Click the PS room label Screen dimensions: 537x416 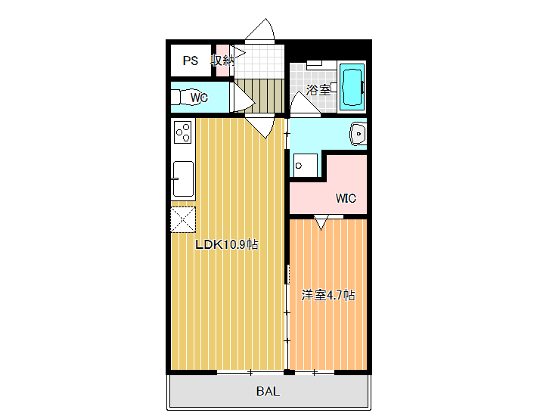(x=191, y=61)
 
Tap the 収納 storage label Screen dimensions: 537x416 (x=222, y=61)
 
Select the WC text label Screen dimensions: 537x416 (x=199, y=98)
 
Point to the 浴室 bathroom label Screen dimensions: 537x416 (x=318, y=90)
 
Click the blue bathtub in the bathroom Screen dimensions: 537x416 (x=352, y=87)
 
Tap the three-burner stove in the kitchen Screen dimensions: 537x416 (x=183, y=132)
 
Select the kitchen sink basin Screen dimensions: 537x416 (x=183, y=179)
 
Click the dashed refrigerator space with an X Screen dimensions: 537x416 (x=183, y=219)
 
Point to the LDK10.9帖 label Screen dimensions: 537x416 (x=226, y=244)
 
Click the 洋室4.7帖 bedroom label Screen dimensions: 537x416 (x=327, y=295)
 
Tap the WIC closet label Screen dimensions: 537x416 (x=346, y=198)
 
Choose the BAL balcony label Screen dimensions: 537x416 (x=268, y=391)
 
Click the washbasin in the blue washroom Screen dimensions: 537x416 (x=358, y=134)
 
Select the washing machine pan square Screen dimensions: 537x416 (x=306, y=166)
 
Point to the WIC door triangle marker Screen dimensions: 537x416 (x=321, y=222)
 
